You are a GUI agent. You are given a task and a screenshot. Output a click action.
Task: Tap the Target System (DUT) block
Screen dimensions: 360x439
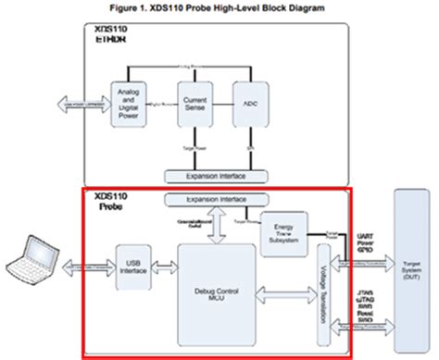pos(414,268)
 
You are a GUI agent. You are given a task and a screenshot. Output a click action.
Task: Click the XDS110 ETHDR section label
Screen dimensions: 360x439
pos(111,36)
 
